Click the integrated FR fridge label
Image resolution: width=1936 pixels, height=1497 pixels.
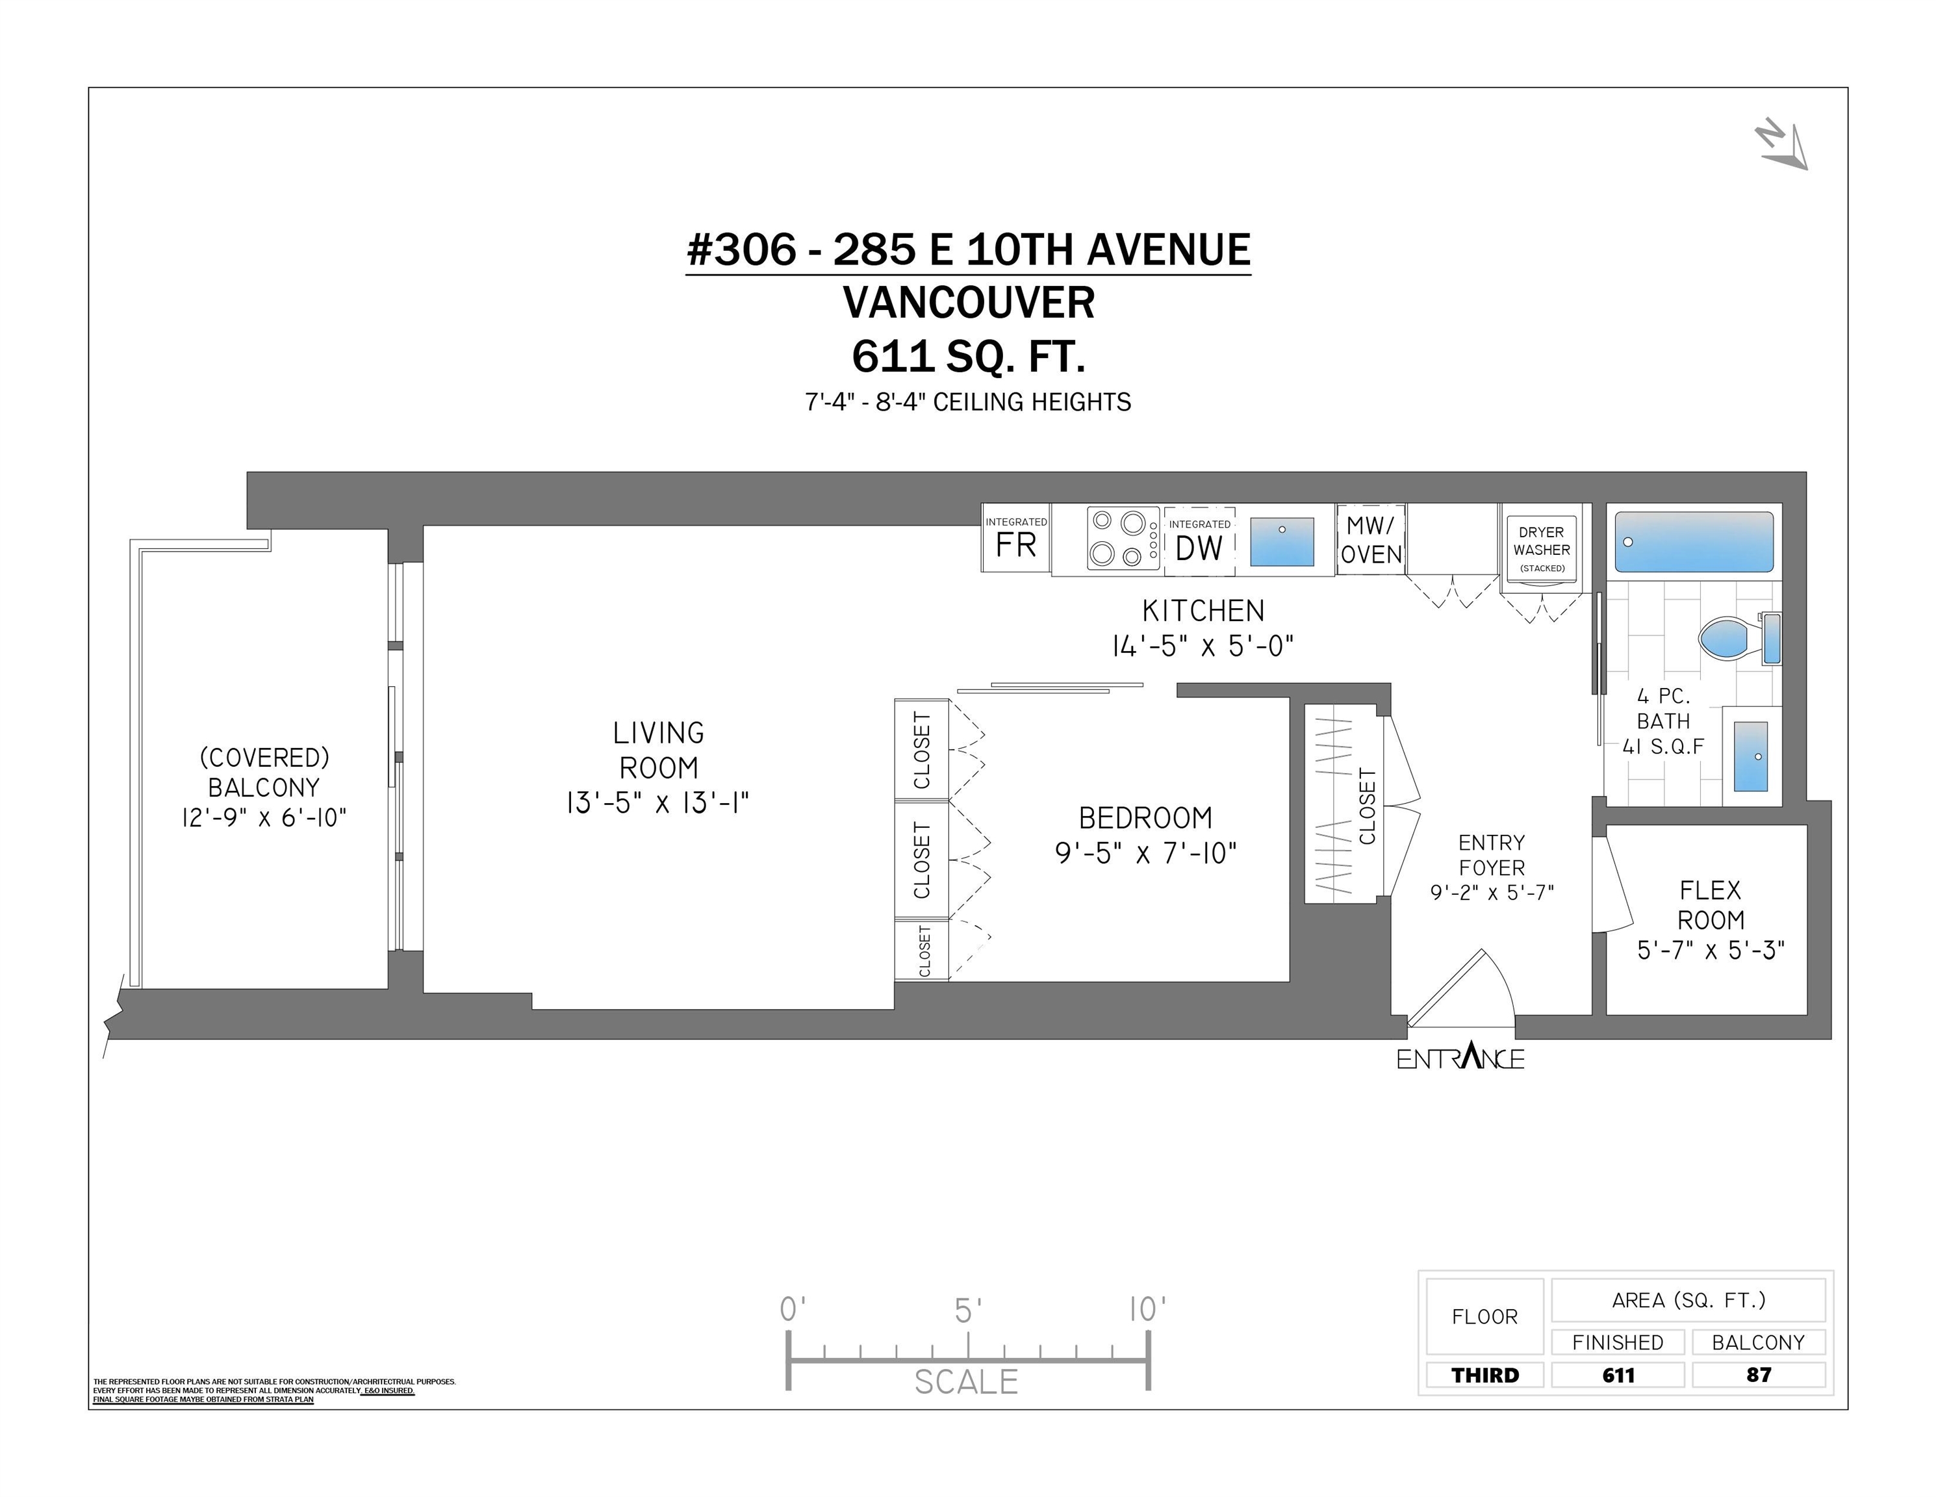click(1016, 538)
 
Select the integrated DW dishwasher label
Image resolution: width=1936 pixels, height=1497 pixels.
click(1199, 540)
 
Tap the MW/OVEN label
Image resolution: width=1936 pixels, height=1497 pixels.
click(1371, 540)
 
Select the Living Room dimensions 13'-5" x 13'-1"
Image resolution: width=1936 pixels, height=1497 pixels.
click(657, 803)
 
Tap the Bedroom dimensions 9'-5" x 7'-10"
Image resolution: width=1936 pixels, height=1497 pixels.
click(1145, 852)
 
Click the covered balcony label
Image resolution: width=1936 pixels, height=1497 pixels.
click(264, 772)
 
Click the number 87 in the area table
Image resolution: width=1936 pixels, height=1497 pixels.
click(1759, 1375)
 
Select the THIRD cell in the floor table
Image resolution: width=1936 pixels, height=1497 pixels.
click(1484, 1375)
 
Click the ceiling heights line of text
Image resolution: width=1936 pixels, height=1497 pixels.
click(968, 402)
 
